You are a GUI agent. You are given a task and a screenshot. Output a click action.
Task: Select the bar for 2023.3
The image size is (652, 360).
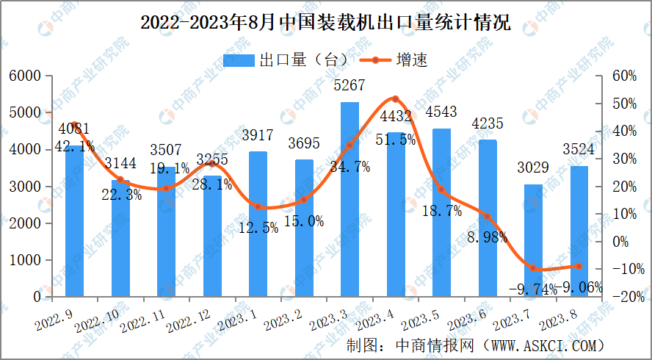tap(349, 199)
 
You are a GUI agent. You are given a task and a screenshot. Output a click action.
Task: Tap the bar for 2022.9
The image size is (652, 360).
tap(74, 220)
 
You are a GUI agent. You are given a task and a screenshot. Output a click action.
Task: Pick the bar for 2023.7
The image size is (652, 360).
tap(533, 240)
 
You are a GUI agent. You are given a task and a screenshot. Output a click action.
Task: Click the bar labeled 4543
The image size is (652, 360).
tap(441, 212)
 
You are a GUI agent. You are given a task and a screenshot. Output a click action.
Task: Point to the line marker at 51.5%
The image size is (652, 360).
tap(395, 98)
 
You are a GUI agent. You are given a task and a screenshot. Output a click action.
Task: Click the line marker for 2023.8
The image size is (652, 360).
tap(579, 267)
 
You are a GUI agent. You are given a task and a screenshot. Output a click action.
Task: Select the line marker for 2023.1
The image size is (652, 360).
tap(258, 207)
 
